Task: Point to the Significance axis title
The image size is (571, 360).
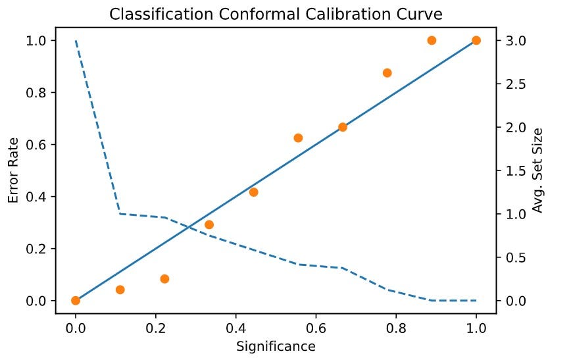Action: tap(276, 346)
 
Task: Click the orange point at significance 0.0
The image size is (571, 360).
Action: tap(76, 301)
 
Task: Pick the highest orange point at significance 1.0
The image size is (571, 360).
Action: tap(476, 40)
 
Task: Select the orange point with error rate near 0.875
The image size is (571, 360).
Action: tap(387, 73)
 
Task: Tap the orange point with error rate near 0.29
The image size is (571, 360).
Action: tap(209, 224)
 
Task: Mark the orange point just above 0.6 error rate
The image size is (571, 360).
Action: tap(298, 138)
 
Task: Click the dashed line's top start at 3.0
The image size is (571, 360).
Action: tap(76, 41)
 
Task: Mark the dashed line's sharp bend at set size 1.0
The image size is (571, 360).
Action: tap(120, 213)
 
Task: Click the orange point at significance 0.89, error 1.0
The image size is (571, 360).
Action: tap(432, 40)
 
